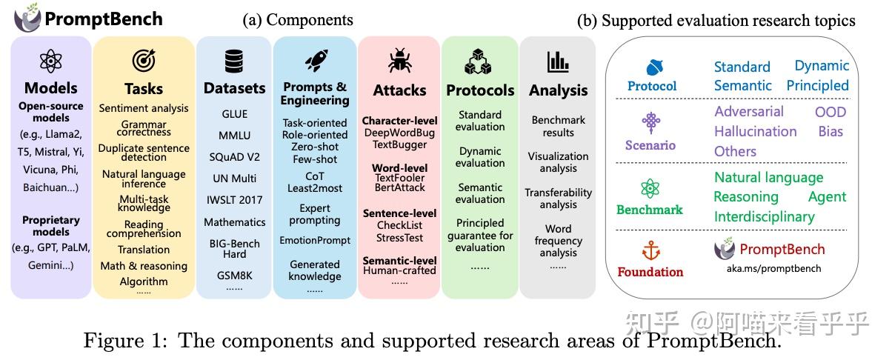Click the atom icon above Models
click(x=50, y=61)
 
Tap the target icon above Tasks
click(x=143, y=61)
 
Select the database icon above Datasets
click(x=234, y=61)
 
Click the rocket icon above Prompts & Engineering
click(x=315, y=60)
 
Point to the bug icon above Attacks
click(x=399, y=61)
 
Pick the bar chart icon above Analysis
click(x=558, y=61)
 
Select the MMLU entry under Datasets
click(x=234, y=136)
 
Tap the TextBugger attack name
click(x=399, y=144)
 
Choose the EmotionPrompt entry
click(x=315, y=240)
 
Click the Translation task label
click(x=144, y=250)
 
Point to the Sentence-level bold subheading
click(x=399, y=213)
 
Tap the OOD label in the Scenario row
click(x=830, y=112)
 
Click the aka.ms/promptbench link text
click(x=773, y=268)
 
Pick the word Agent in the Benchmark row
click(x=827, y=197)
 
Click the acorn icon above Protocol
click(x=652, y=67)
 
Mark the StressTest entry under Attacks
click(x=399, y=238)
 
